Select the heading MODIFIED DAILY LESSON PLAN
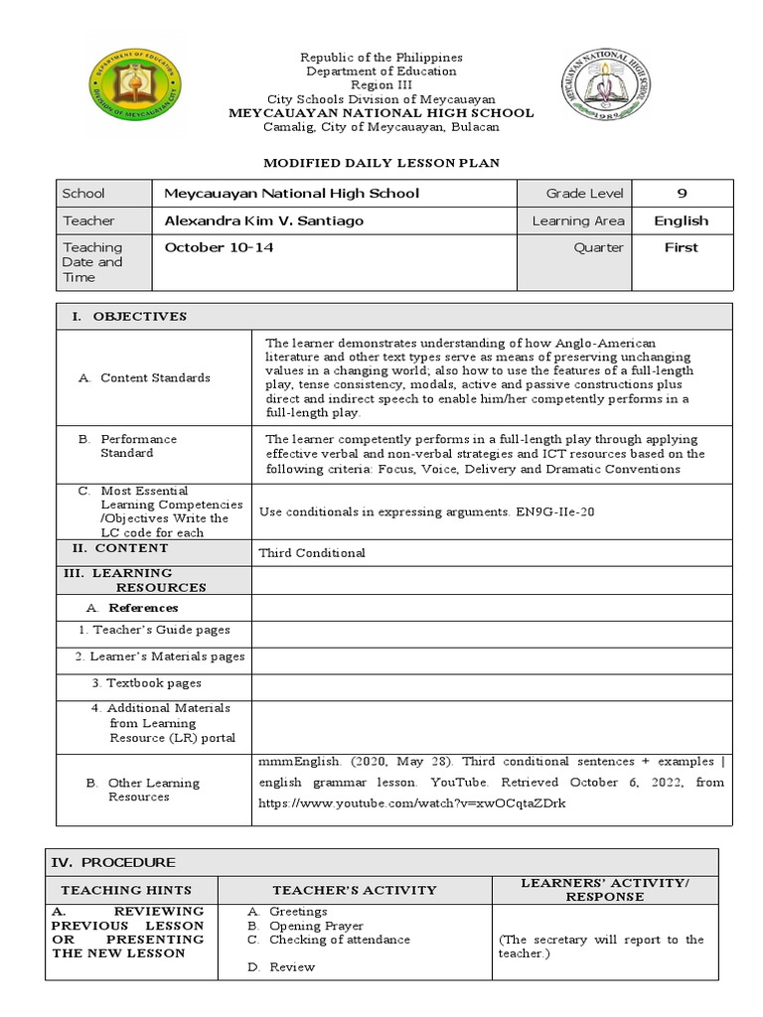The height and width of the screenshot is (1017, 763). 381,161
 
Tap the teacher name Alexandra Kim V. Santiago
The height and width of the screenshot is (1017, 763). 263,220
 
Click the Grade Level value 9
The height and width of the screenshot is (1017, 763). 682,194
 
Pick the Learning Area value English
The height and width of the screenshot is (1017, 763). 681,220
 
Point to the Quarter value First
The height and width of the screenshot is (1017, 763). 681,247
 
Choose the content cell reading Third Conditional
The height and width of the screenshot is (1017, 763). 312,552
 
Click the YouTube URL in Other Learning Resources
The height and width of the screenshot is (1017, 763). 411,802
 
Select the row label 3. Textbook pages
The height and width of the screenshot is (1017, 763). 146,683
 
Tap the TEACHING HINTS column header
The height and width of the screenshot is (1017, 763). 126,890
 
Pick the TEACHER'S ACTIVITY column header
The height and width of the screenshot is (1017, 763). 355,890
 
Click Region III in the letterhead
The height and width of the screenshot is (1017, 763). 381,85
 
